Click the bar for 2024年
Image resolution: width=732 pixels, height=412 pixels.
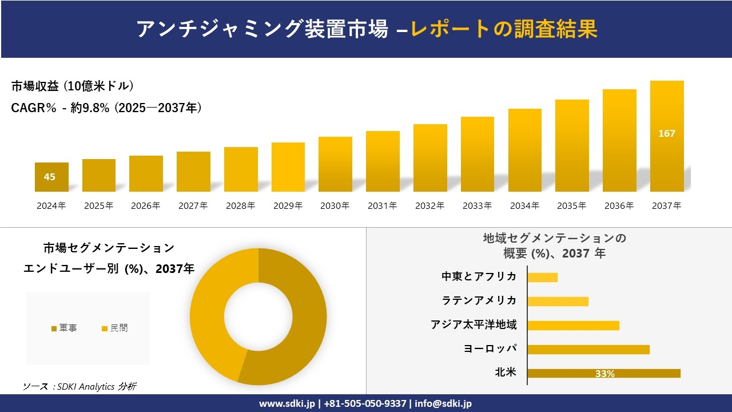click(x=51, y=177)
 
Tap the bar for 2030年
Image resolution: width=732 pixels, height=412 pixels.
click(x=335, y=164)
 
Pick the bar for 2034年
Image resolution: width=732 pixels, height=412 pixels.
click(x=524, y=150)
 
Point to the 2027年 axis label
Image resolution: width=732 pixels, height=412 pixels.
click(x=193, y=206)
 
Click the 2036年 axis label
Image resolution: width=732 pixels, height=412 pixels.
click(x=619, y=206)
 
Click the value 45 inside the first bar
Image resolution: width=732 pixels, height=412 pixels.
click(x=50, y=177)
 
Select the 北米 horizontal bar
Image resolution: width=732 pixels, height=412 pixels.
click(x=604, y=373)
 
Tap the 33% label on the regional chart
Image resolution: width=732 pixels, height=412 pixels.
click(x=604, y=374)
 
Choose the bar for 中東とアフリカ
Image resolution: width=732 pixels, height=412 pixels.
click(x=542, y=277)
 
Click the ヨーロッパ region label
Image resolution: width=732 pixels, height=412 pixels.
click(x=490, y=348)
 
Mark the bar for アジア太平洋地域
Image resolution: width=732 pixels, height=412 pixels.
click(x=573, y=325)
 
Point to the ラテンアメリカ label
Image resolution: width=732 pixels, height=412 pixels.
click(x=479, y=300)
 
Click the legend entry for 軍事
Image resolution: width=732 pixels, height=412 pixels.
click(x=64, y=328)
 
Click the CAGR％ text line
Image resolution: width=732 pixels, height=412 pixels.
click(x=106, y=108)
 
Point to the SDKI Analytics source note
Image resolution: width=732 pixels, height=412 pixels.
click(x=79, y=387)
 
